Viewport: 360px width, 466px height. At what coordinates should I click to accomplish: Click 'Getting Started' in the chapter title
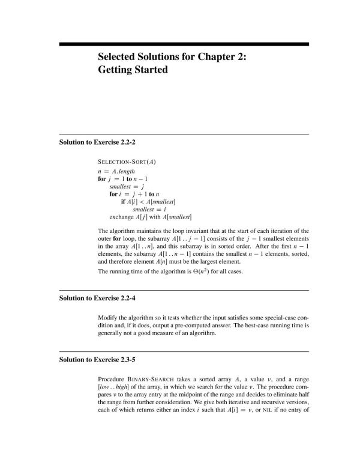(133, 70)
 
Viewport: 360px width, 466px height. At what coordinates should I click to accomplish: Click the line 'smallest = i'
(147, 209)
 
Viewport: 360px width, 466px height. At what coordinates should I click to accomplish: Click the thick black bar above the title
(184, 44)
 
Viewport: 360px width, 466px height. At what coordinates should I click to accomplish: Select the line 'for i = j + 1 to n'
(135, 194)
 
